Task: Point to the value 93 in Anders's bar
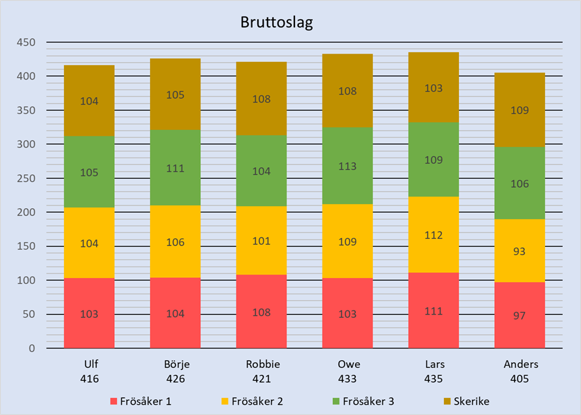(x=520, y=251)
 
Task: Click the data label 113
(x=347, y=166)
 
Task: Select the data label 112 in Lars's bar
(x=433, y=235)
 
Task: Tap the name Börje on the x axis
(x=175, y=364)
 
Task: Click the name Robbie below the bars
(x=261, y=364)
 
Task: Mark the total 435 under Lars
(x=433, y=378)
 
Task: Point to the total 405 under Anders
(x=520, y=378)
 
